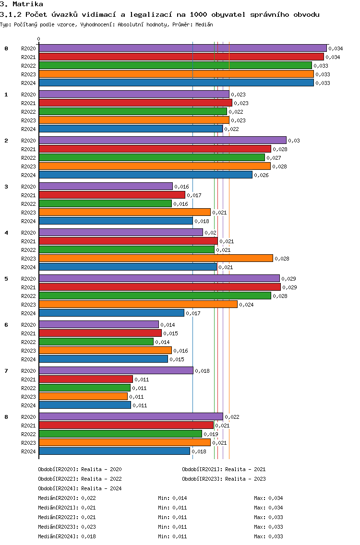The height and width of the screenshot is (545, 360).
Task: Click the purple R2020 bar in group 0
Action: click(x=182, y=48)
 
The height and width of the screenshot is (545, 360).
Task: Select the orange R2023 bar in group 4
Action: click(x=156, y=258)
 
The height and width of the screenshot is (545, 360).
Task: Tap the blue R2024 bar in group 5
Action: click(x=111, y=313)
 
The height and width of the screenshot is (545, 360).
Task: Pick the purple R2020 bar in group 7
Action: click(x=116, y=370)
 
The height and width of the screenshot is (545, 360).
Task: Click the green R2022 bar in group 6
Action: click(x=96, y=342)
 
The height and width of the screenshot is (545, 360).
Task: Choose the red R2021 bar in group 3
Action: click(x=112, y=195)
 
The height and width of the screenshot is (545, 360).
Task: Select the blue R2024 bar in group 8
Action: click(x=114, y=451)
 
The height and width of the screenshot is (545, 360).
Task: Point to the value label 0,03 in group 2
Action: click(x=294, y=141)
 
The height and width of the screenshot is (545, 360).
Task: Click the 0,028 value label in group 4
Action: click(x=282, y=259)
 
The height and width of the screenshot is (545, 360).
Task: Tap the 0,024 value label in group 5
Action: click(x=246, y=305)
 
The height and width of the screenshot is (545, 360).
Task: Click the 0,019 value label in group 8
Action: click(x=211, y=434)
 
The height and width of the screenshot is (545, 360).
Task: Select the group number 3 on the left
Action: click(x=6, y=187)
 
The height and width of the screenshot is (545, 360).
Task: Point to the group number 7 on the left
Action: click(x=6, y=371)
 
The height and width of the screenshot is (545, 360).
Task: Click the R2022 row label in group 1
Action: click(x=28, y=112)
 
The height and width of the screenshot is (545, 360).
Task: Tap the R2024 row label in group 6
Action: click(x=28, y=359)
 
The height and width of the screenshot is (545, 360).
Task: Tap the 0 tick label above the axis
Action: click(x=39, y=39)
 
